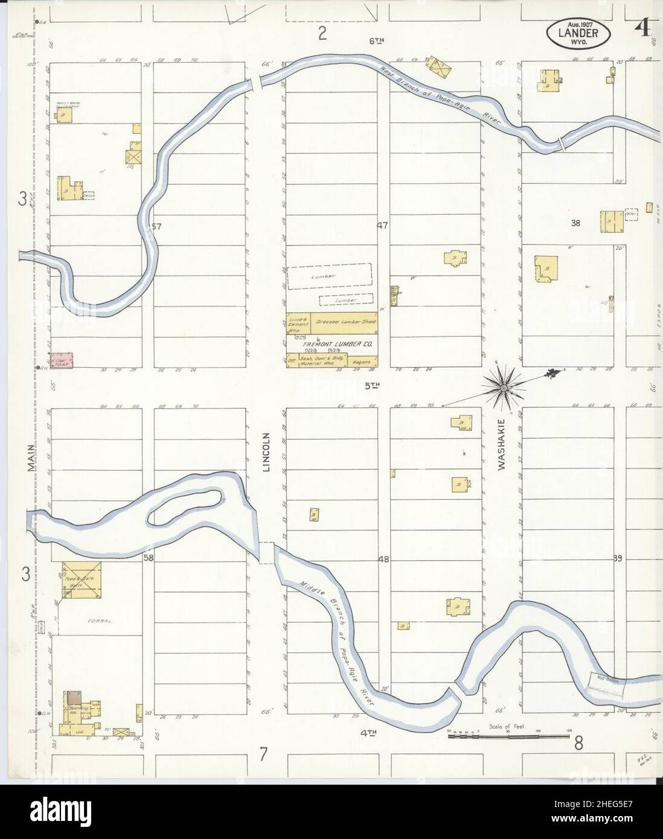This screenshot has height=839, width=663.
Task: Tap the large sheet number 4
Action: pyautogui.click(x=642, y=28)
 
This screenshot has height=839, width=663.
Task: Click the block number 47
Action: pyautogui.click(x=382, y=226)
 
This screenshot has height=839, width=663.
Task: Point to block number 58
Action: pyautogui.click(x=149, y=558)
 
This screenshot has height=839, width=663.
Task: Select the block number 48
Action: pyautogui.click(x=383, y=560)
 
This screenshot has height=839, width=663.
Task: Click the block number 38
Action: pyautogui.click(x=575, y=223)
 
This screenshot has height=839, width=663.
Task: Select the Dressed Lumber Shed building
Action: pyautogui.click(x=346, y=322)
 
